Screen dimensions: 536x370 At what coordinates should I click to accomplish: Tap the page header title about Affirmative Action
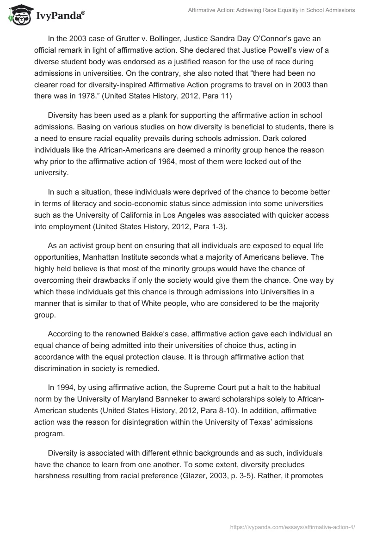tap(271, 10)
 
